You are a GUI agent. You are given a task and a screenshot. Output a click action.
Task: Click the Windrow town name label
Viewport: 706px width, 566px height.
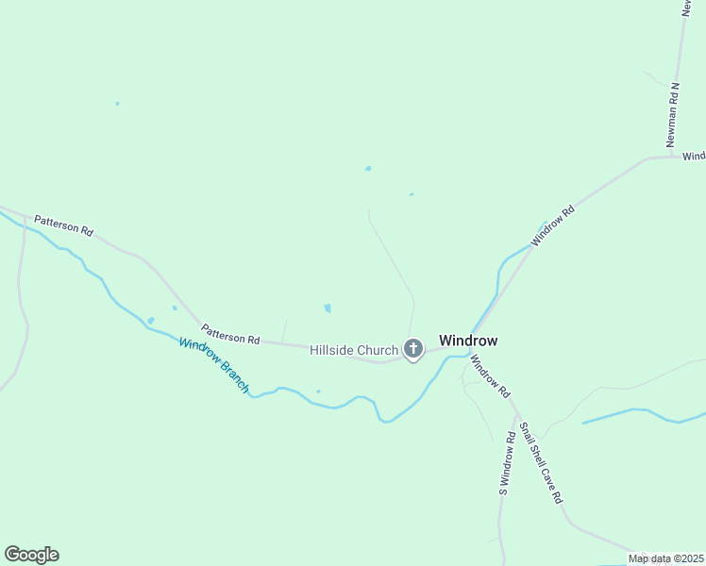pos(468,341)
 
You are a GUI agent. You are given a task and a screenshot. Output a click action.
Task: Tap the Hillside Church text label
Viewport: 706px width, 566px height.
pos(354,350)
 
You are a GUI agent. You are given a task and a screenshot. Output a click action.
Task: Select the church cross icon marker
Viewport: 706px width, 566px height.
pos(412,349)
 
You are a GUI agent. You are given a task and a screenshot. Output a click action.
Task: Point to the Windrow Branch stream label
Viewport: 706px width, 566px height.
pos(214,365)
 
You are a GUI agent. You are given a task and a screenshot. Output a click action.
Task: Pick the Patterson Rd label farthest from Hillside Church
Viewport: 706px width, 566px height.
pos(64,225)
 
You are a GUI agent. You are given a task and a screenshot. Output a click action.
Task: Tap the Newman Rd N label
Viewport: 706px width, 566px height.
pos(673,114)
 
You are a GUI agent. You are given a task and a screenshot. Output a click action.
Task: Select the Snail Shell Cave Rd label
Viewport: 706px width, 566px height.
pos(542,459)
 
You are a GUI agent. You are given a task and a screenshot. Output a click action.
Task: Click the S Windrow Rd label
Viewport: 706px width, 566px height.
pos(507,463)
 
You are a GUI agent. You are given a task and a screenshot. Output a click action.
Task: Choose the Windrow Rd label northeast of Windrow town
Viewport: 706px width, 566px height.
pos(552,227)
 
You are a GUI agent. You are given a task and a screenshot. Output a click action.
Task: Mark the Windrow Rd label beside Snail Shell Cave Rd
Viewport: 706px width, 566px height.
pos(490,375)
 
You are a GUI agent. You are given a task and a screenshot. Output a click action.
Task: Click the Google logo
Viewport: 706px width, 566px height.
pos(31,555)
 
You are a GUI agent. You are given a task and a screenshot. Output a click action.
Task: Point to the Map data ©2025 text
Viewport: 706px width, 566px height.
pos(665,558)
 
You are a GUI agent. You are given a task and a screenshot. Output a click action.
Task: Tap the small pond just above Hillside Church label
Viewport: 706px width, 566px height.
pos(328,308)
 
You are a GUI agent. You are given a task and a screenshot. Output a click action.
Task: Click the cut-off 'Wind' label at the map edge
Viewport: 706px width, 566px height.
pos(694,156)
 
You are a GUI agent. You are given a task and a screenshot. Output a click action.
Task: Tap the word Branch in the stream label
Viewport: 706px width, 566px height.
pos(233,377)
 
